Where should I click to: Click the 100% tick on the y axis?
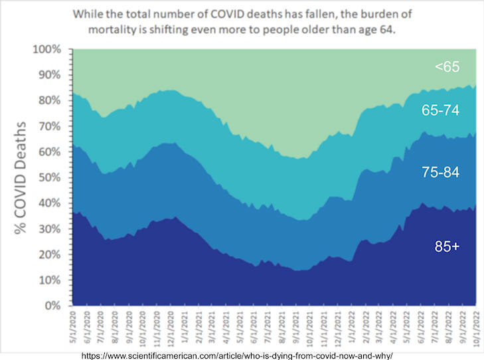click(48, 50)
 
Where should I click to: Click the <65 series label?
click(448, 66)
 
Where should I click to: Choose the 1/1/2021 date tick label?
click(183, 327)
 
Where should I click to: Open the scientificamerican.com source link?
click(242, 355)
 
